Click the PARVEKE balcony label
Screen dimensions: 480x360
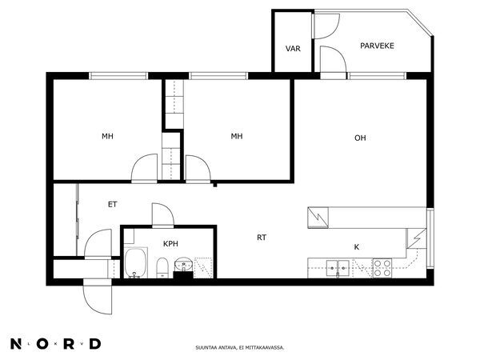click(x=377, y=46)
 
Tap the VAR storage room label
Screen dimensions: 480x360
click(x=293, y=49)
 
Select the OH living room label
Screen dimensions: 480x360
click(x=360, y=138)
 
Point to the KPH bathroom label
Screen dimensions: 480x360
click(x=170, y=244)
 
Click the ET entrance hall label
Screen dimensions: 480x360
click(x=112, y=205)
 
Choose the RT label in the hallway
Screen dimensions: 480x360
click(x=262, y=238)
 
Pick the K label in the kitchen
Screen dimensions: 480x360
click(x=357, y=247)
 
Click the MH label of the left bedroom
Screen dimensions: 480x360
click(x=107, y=136)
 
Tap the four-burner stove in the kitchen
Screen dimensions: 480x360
click(x=382, y=268)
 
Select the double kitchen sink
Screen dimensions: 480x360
click(x=338, y=269)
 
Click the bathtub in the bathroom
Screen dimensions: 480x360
click(x=135, y=263)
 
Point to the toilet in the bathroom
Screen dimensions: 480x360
click(x=162, y=267)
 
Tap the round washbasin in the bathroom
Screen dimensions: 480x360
click(x=184, y=263)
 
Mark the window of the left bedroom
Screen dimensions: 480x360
click(x=118, y=76)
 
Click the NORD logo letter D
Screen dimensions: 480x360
click(x=95, y=344)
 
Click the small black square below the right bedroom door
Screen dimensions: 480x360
click(x=215, y=185)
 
